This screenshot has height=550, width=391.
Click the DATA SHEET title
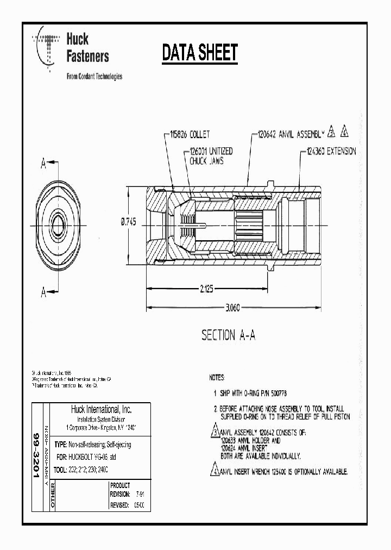[200, 53]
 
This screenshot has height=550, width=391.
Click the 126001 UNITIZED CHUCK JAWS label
[212, 156]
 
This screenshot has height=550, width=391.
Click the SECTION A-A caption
[228, 335]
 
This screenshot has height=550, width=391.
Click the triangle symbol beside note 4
[215, 471]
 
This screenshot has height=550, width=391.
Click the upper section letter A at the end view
[43, 162]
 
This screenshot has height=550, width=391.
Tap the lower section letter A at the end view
[43, 291]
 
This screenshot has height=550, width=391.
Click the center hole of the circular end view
[59, 224]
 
